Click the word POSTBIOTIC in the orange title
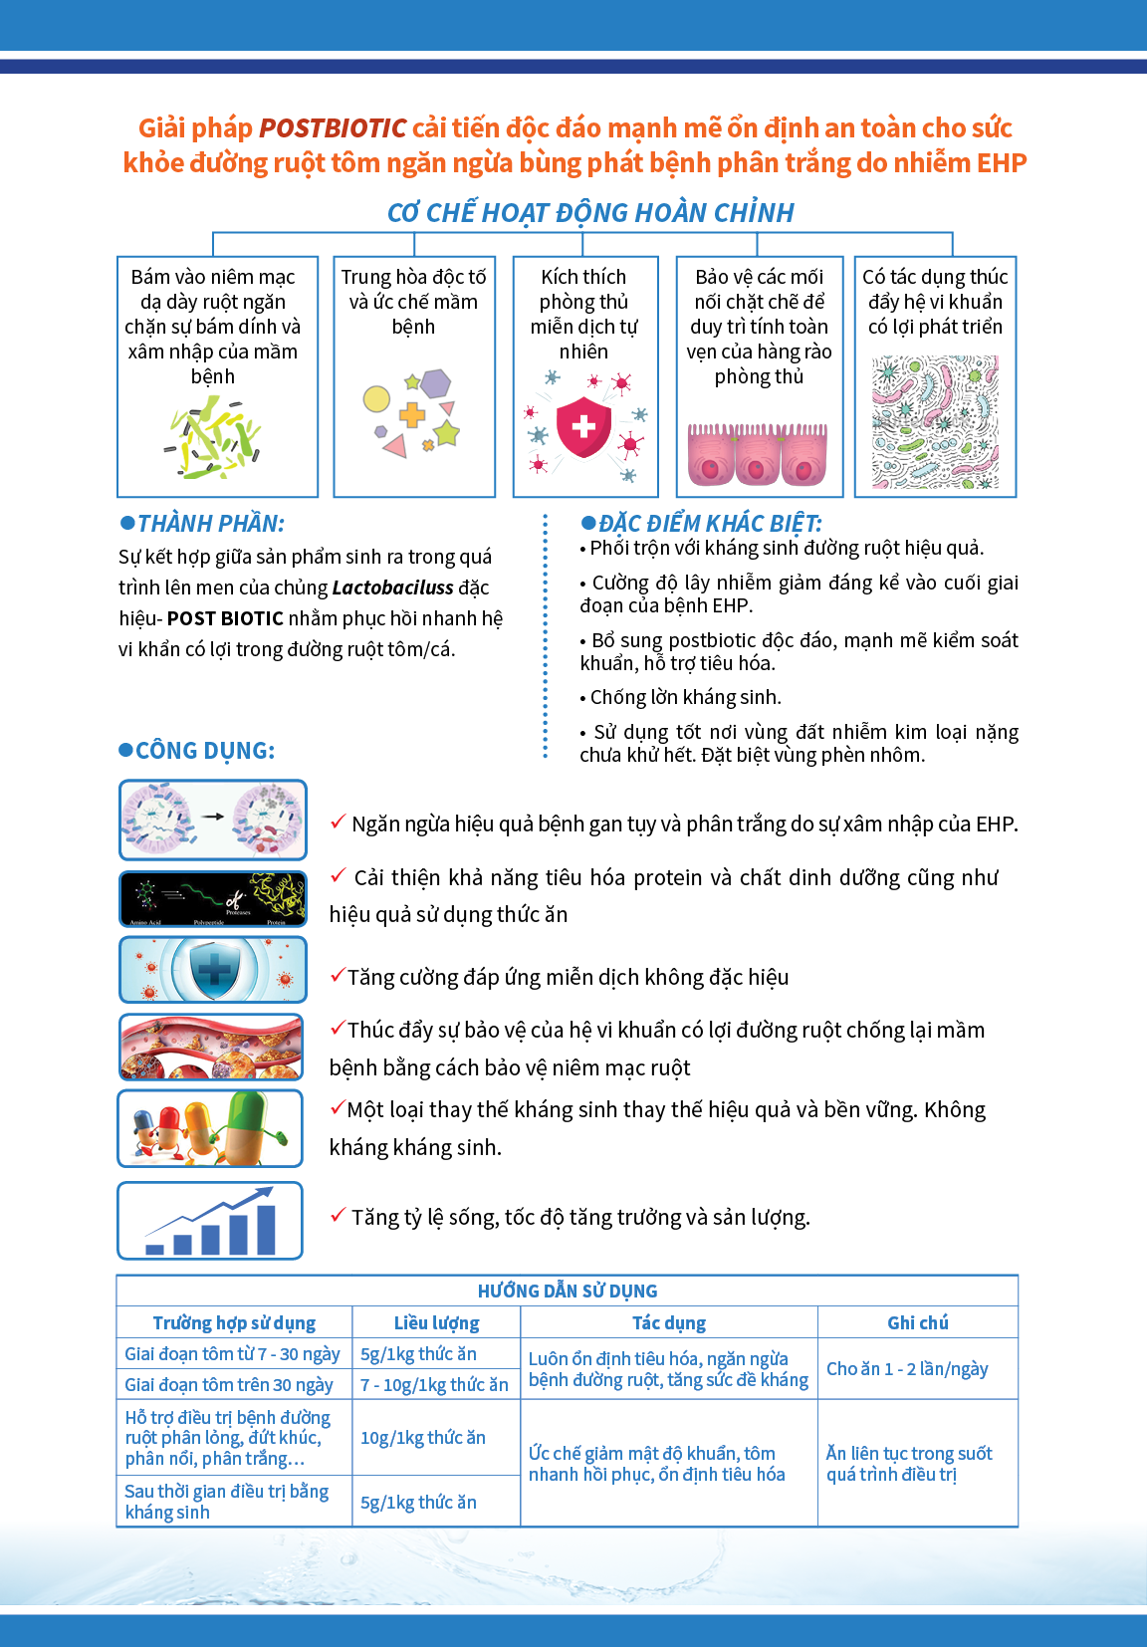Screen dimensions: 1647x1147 333,128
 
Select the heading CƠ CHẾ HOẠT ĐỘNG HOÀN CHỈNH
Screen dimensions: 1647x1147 590,213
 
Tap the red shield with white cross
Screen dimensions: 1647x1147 583,426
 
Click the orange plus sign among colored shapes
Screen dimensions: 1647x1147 411,414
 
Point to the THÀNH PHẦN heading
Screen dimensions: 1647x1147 210,524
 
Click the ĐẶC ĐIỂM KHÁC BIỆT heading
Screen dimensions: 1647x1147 709,524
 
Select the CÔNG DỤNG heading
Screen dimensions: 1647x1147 204,751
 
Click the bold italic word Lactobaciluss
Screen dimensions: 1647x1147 392,588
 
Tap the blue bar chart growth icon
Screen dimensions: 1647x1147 210,1221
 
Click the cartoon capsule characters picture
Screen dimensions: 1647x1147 210,1128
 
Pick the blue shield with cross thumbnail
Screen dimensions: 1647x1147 213,970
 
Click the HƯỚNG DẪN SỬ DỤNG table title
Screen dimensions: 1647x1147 568,1292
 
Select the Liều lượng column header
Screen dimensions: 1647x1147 436,1323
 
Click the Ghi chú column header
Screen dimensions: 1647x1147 917,1323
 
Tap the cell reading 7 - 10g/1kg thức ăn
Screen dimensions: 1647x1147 434,1385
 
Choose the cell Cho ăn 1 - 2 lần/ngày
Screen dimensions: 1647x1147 907,1369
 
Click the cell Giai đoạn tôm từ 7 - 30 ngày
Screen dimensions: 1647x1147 232,1354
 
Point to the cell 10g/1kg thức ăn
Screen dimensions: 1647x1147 423,1438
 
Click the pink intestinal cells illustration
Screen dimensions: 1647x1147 758,454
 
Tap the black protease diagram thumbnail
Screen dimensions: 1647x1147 213,899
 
